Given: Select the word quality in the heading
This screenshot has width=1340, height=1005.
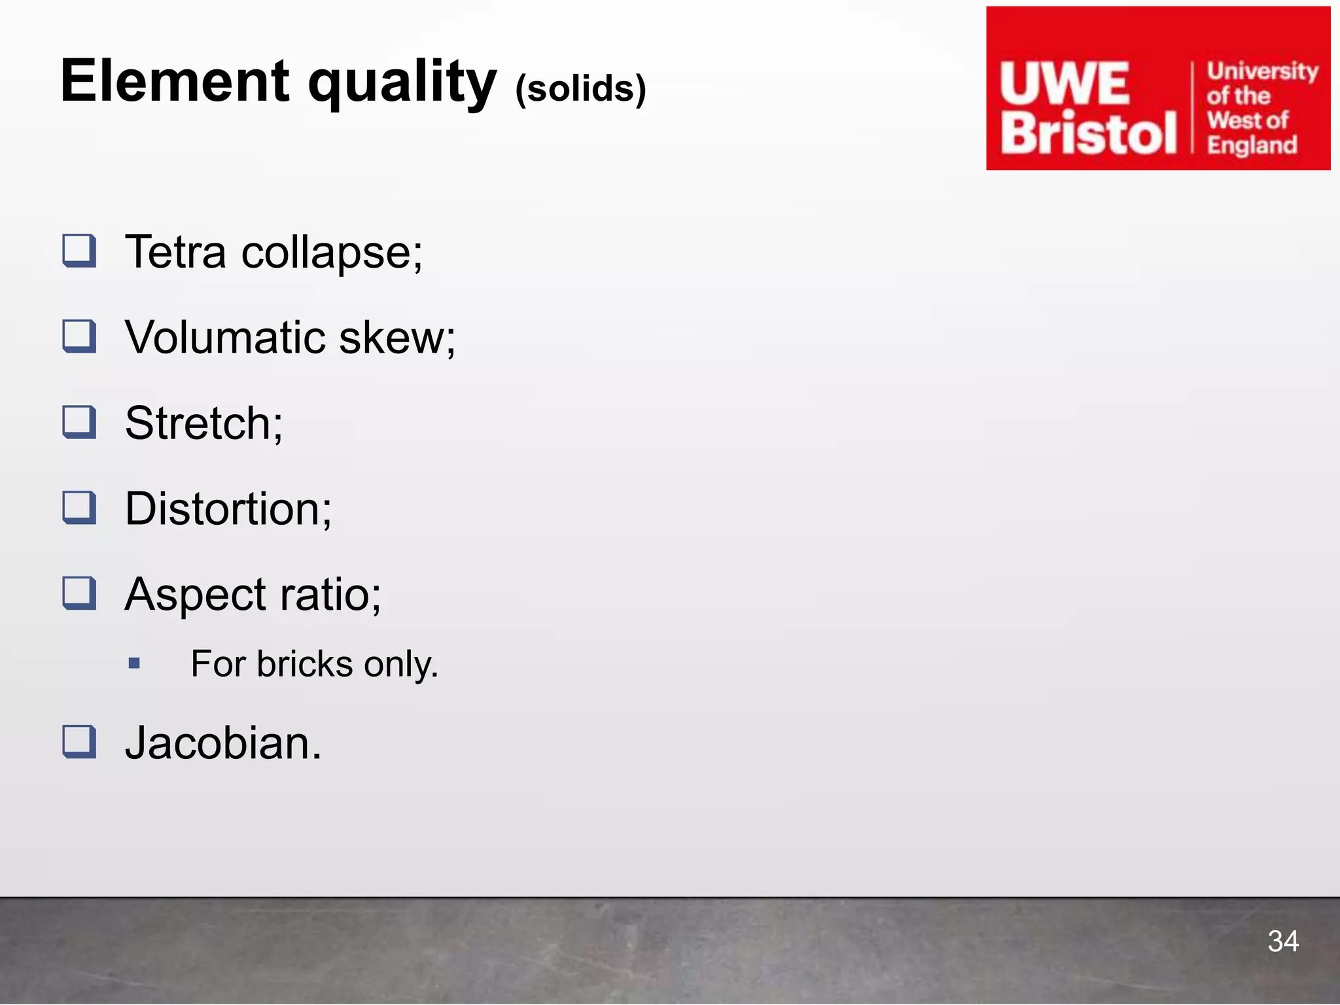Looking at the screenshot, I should coord(402,84).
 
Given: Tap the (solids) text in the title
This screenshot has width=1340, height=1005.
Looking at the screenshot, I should coord(580,88).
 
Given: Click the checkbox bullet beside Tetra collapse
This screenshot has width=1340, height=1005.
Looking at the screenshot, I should coord(79,251).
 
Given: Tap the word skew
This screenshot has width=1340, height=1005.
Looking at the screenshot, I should coord(397,338).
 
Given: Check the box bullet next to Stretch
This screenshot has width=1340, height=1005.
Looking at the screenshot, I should coord(79,422).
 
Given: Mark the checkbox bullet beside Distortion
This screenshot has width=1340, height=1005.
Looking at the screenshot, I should coord(79,508).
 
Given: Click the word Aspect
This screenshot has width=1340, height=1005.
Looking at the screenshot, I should coord(194,595).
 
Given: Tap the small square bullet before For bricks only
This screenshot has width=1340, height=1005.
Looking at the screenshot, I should coord(135,663).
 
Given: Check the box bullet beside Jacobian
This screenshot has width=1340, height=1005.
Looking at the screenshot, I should coord(79,742).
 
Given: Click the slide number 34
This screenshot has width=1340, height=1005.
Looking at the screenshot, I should coord(1282,941).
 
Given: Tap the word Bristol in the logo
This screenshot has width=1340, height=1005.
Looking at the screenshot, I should coord(1089,133).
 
